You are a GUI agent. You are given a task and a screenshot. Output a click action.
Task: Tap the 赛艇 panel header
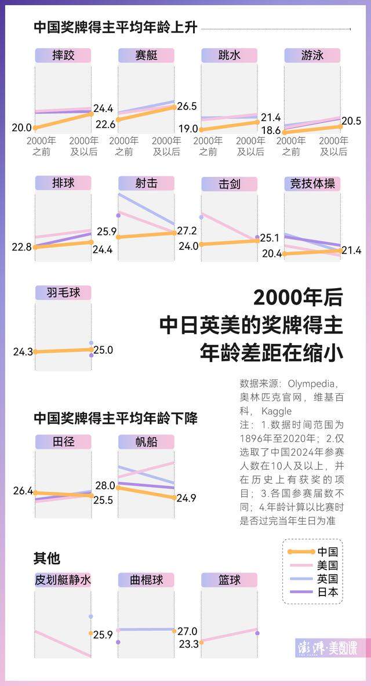146,56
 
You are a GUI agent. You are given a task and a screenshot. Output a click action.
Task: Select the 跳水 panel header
229,56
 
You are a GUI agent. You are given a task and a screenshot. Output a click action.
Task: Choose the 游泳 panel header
312,56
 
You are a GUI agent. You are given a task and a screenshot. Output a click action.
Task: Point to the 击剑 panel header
229,184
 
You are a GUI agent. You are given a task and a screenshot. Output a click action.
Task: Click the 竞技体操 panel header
312,184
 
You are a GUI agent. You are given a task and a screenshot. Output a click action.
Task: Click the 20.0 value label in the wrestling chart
22,128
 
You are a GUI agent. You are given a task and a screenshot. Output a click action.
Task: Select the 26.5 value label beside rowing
187,107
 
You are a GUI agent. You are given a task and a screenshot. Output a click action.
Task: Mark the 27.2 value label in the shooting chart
187,231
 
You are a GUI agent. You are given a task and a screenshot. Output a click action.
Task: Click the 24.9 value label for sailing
187,498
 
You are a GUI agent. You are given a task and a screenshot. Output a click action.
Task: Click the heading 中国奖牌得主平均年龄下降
115,418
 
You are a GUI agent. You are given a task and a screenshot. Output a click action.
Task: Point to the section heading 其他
46,558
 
